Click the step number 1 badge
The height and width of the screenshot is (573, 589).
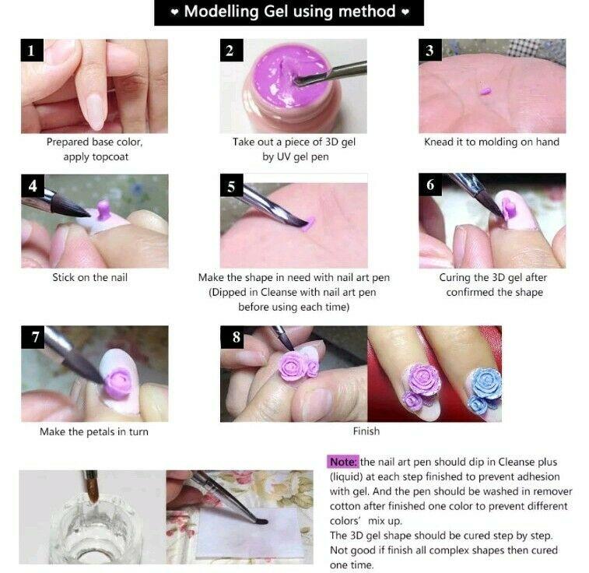tap(32, 50)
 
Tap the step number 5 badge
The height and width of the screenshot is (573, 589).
tap(231, 185)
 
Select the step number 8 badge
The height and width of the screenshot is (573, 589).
tap(236, 337)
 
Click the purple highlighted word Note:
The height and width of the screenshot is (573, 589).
tap(343, 462)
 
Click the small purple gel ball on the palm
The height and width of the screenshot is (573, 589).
tap(486, 91)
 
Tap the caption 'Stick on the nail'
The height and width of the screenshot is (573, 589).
tap(89, 277)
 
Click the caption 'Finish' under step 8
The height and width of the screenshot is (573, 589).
tap(366, 431)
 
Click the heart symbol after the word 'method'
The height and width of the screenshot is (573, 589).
tap(405, 12)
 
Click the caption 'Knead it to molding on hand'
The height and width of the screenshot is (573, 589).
tap(492, 142)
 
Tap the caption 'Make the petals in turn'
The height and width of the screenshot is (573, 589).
tap(94, 432)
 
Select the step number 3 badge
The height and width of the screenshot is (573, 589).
tap(430, 50)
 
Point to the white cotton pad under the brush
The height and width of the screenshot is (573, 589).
tap(250, 533)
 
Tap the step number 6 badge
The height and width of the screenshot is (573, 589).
tap(430, 185)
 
